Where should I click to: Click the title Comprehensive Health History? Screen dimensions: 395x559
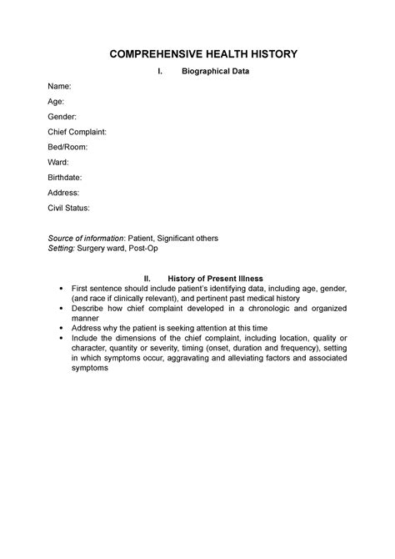[197, 54]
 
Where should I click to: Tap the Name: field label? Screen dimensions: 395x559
[59, 87]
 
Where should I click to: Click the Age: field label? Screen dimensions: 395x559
[56, 102]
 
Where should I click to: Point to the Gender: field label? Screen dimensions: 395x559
[62, 117]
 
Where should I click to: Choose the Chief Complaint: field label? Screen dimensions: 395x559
[76, 132]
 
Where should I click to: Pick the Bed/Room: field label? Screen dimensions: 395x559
[67, 147]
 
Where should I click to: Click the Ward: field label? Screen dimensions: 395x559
[57, 162]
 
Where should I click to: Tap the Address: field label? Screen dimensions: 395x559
[63, 192]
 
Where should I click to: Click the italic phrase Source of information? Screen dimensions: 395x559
[85, 238]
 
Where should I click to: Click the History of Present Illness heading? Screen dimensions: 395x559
[215, 278]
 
